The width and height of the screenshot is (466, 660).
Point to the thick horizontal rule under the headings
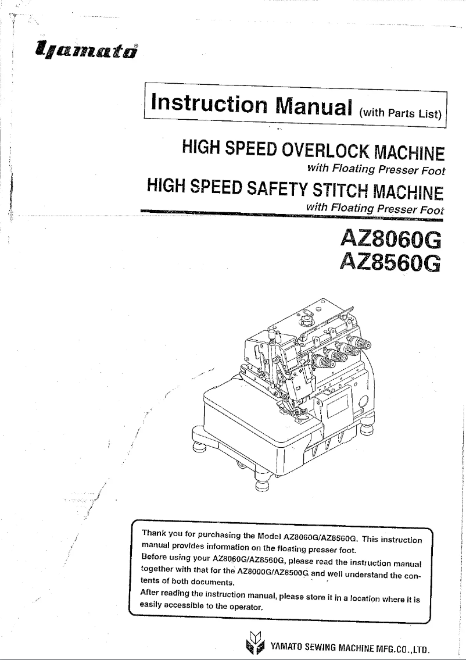click(291, 213)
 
